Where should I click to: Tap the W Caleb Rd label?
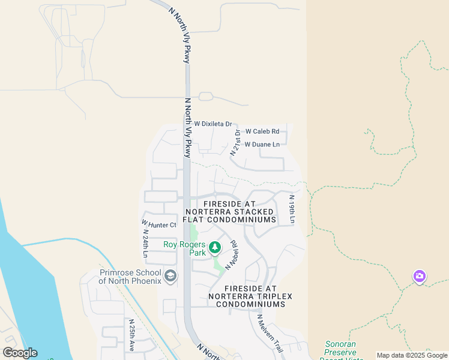point(262,131)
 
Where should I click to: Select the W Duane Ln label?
point(262,145)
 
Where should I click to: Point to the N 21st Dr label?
point(235,142)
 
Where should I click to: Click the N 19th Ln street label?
point(292,209)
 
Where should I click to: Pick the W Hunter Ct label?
point(160,225)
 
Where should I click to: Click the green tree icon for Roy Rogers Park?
point(214,247)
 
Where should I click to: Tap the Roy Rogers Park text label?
point(185,248)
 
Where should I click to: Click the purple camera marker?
point(420,276)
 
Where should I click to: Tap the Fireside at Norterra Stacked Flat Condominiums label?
point(231,212)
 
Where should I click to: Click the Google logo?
point(20,353)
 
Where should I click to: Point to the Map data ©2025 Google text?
point(412,355)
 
